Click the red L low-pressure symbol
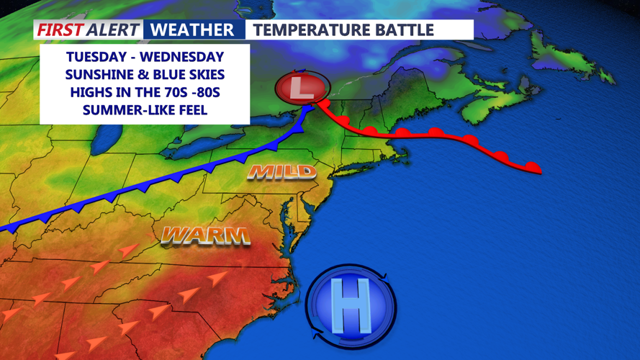point(302,89)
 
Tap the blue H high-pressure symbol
point(351,303)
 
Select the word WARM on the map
point(205,235)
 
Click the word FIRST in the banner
point(59,30)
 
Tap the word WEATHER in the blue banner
point(193,30)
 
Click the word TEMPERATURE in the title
point(315,30)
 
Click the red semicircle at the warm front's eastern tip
point(532,167)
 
